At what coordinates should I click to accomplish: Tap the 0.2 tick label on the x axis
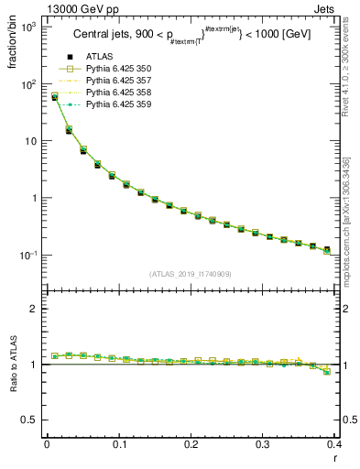[x=191, y=446]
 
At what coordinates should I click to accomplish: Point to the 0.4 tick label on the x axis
[x=334, y=446]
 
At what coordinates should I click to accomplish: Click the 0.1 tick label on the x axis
[x=118, y=446]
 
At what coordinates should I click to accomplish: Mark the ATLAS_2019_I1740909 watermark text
[x=191, y=274]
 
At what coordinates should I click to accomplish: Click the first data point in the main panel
[x=54, y=96]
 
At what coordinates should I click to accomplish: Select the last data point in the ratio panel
[x=327, y=372]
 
